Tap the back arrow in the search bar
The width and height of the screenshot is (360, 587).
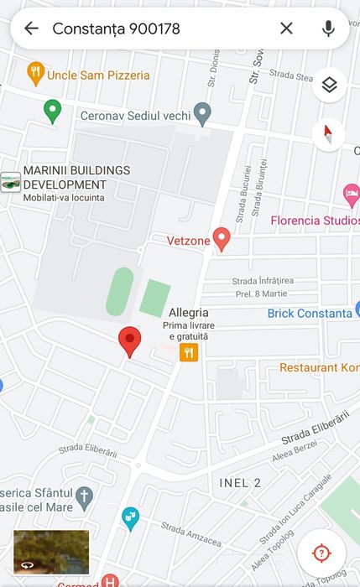[31, 29]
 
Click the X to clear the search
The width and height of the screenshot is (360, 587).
[286, 29]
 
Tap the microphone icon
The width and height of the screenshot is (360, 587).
[328, 29]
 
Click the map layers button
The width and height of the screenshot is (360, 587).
[329, 85]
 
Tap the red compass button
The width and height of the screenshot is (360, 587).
[329, 134]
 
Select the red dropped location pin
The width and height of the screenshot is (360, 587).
[129, 340]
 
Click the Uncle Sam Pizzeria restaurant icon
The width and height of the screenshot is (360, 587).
[35, 74]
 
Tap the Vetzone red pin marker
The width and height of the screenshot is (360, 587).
[222, 239]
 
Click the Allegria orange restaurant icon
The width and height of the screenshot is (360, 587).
[189, 353]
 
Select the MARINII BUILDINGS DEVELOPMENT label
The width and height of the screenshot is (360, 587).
[76, 178]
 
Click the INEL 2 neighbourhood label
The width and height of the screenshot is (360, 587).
[240, 482]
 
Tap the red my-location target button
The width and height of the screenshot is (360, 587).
[321, 553]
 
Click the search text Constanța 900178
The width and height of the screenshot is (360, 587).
[116, 29]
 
